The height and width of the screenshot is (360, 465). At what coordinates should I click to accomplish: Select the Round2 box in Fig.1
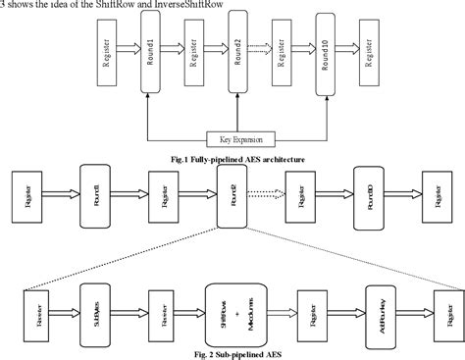(x=234, y=59)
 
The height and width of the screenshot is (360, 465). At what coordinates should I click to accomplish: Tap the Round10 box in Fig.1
(x=325, y=59)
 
